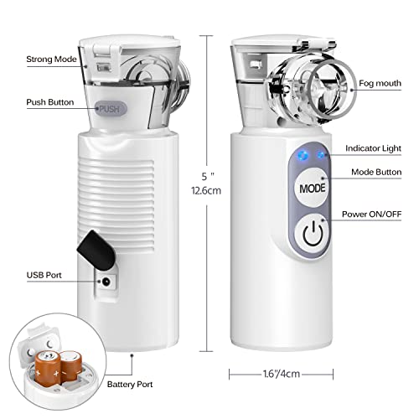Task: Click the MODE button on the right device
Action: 309,189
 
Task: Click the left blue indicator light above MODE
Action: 302,154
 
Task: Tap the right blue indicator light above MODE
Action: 320,154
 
